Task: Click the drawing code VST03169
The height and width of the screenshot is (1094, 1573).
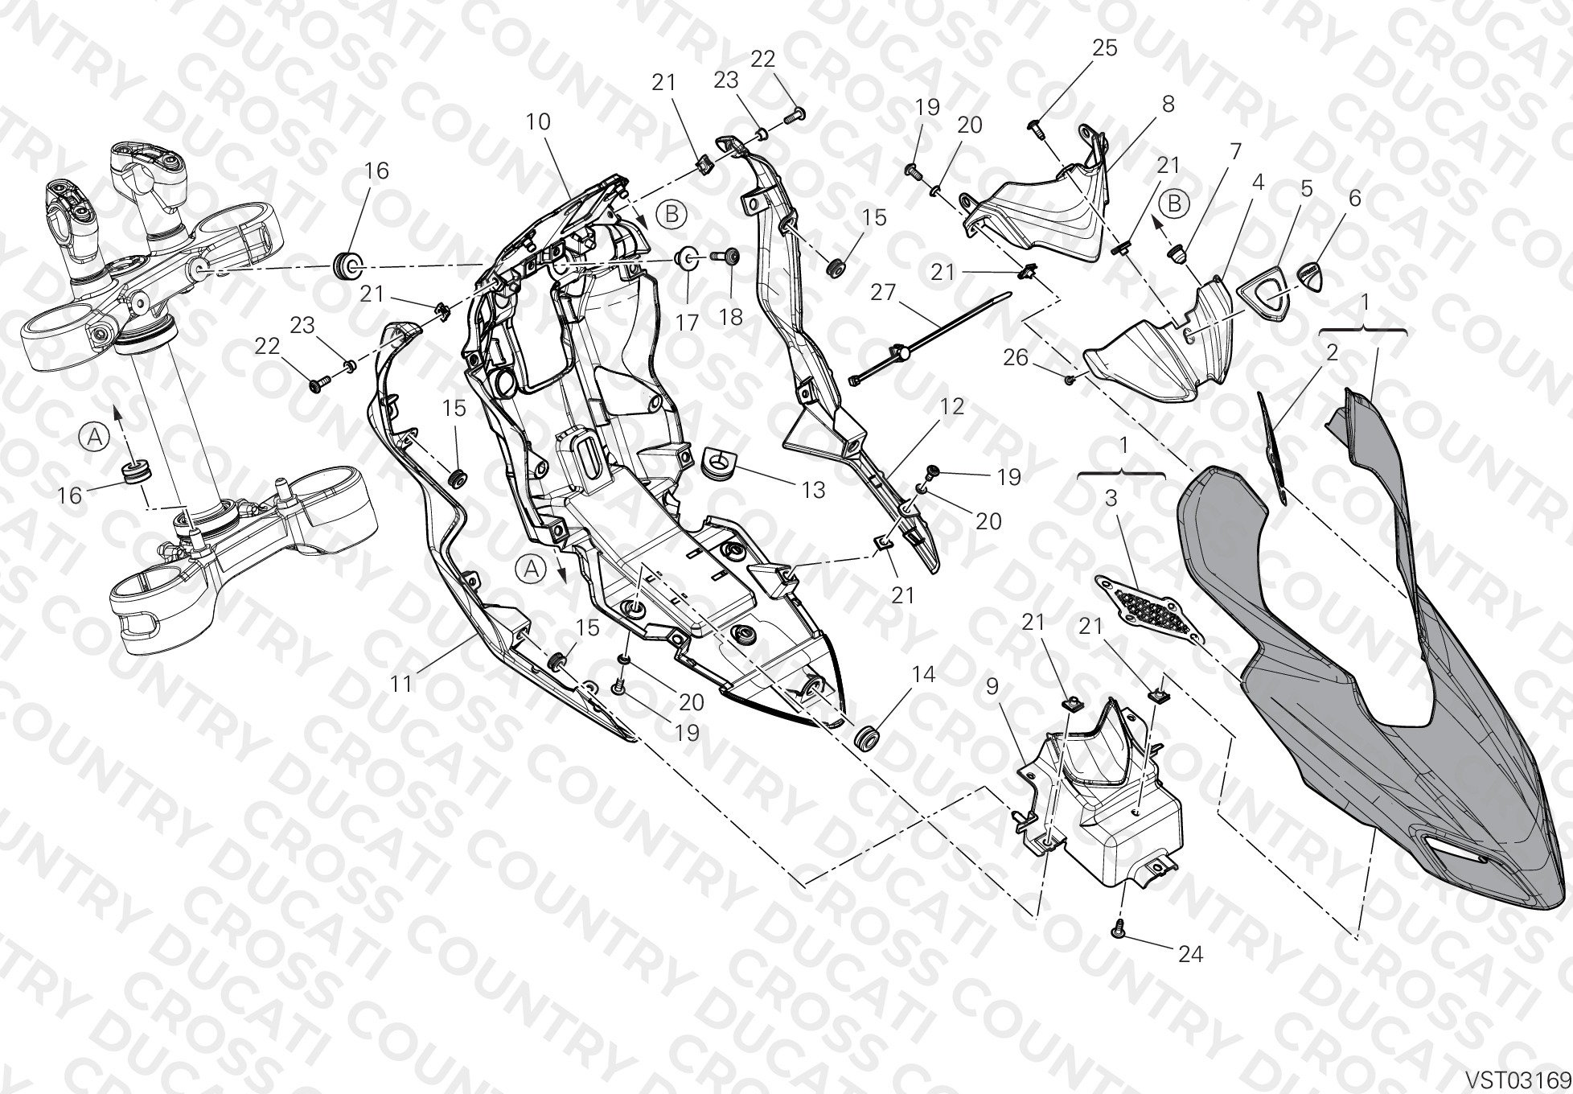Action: [x=1518, y=1077]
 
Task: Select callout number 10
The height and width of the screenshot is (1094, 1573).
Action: [x=538, y=121]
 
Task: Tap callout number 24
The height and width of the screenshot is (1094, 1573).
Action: [x=1190, y=954]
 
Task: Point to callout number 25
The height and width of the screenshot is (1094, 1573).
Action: [x=1105, y=47]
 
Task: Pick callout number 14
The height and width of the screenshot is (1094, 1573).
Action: [x=923, y=674]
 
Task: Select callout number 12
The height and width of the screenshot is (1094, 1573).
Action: [x=952, y=406]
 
